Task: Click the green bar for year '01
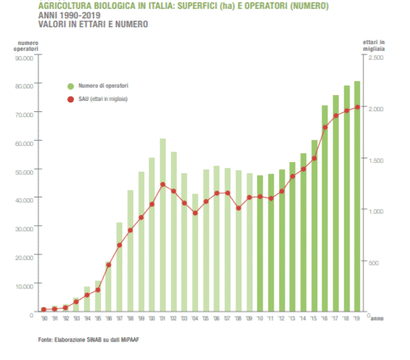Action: click(x=163, y=225)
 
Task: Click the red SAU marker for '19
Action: click(x=357, y=107)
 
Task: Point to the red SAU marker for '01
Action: click(x=163, y=185)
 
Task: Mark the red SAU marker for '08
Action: click(x=238, y=208)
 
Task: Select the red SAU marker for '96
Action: click(x=108, y=265)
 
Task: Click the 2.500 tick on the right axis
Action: click(x=375, y=57)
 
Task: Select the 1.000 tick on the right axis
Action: click(x=375, y=211)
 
